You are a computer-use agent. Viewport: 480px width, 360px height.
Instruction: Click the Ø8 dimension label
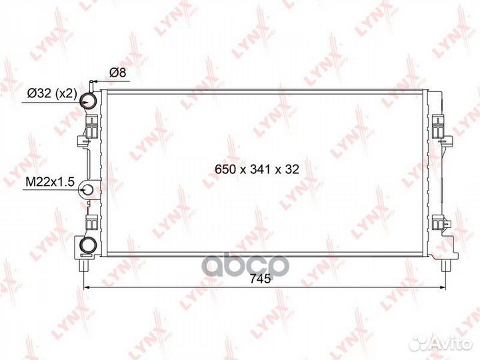[x=117, y=73]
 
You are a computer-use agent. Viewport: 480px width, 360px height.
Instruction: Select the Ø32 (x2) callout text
[x=52, y=93]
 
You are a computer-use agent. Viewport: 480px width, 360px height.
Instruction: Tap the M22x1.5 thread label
[x=50, y=182]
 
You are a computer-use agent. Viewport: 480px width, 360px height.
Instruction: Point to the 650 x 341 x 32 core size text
[x=257, y=169]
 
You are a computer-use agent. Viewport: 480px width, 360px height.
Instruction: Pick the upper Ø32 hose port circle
[x=89, y=100]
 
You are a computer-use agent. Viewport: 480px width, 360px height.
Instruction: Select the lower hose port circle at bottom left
[x=88, y=245]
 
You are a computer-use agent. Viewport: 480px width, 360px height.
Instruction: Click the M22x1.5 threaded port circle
[x=87, y=190]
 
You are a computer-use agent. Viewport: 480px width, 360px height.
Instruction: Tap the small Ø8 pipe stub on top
[x=91, y=86]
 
